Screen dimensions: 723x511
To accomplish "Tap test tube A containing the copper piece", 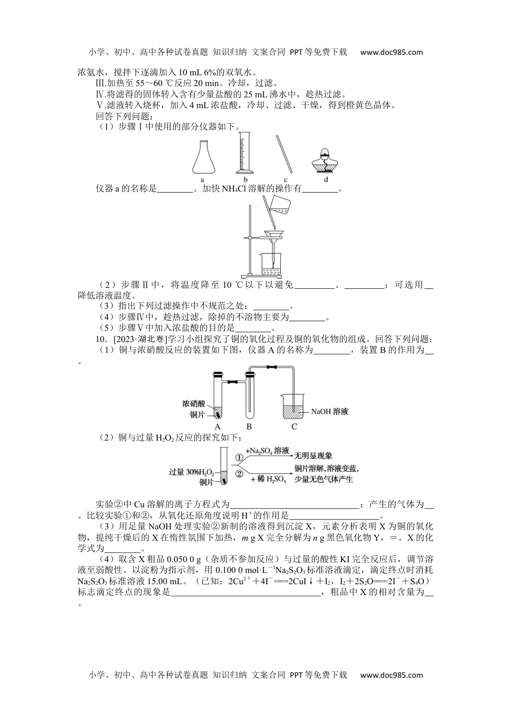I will (x=217, y=398).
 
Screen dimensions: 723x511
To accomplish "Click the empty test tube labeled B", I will (x=249, y=398).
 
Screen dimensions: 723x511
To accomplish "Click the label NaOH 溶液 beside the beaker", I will (x=330, y=412).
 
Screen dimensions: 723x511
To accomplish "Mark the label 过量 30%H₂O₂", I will (x=191, y=472).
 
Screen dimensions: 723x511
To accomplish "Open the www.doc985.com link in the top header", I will (x=391, y=52).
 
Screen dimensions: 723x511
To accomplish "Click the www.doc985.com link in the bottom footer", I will (x=391, y=675).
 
